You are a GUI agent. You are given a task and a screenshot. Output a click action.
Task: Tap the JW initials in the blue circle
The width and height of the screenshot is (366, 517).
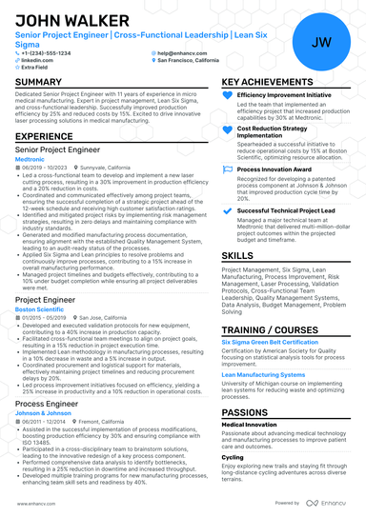tap(321, 42)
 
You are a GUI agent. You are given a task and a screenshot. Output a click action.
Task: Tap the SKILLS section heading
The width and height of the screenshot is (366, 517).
tap(237, 256)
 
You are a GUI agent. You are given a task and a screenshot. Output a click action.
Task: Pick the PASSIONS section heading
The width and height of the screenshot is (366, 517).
tap(245, 410)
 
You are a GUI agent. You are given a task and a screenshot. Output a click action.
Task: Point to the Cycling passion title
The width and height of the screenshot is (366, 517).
tap(233, 456)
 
